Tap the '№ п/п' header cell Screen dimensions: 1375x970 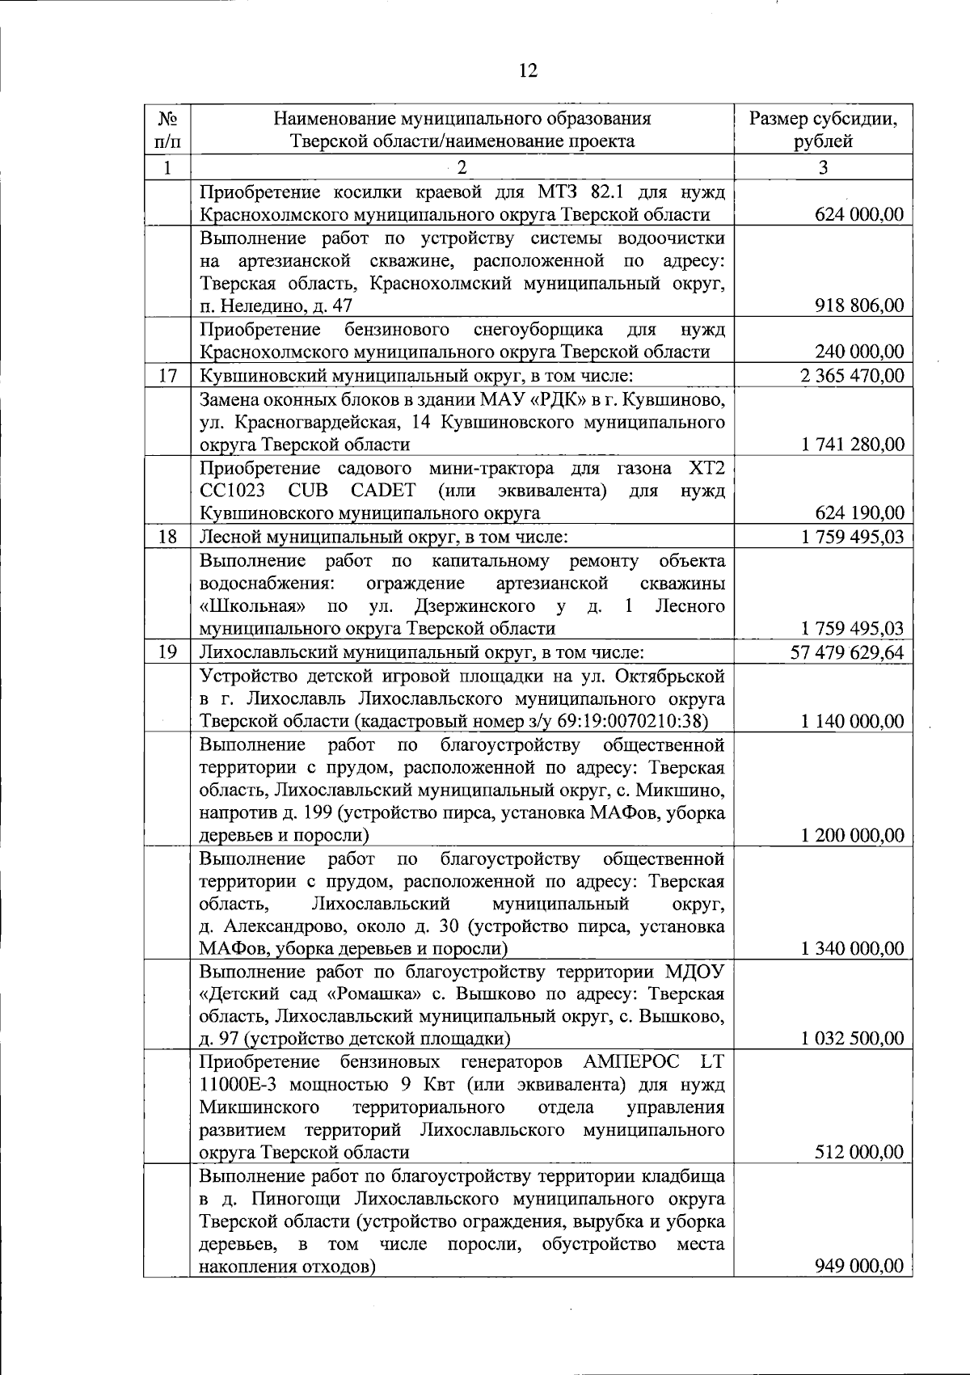click(x=167, y=130)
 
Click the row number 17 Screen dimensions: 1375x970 click(x=167, y=376)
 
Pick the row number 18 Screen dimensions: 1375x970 click(x=167, y=537)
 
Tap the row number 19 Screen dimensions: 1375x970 click(x=167, y=652)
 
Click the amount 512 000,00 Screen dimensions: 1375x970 click(x=858, y=1153)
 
